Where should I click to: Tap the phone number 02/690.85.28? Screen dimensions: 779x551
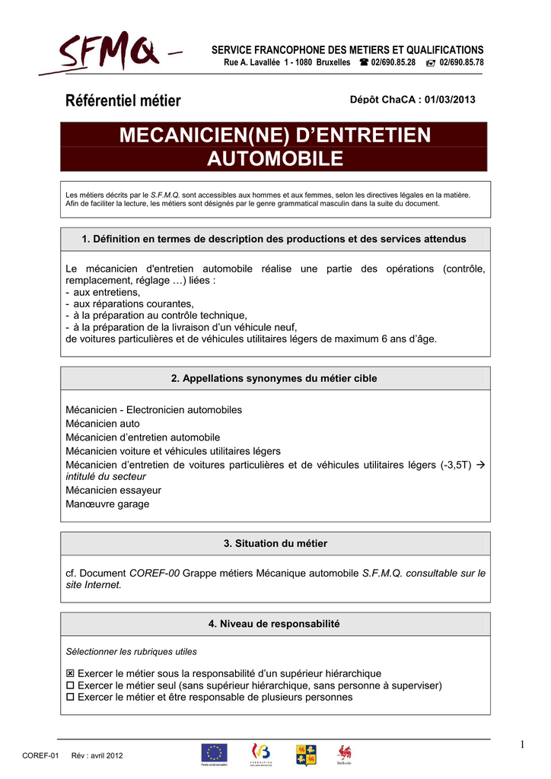393,62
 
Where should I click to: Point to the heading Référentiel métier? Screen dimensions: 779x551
123,100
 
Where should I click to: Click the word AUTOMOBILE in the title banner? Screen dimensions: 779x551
275,159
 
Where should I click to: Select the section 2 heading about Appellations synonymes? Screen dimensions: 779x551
275,378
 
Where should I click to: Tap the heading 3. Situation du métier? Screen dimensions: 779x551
275,543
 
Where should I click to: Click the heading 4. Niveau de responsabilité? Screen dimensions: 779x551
275,624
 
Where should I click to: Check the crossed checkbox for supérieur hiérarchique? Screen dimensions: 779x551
71,673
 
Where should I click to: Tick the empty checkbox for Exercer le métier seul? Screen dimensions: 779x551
71,685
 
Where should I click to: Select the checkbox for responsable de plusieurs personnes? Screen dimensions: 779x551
71,697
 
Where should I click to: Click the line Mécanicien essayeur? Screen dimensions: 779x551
113,490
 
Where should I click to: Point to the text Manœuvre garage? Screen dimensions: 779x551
107,504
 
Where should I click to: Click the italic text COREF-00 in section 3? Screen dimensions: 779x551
154,573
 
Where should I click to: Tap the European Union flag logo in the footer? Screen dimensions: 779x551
214,753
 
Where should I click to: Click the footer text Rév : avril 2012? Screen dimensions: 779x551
97,755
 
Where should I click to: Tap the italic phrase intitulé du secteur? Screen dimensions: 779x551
106,476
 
